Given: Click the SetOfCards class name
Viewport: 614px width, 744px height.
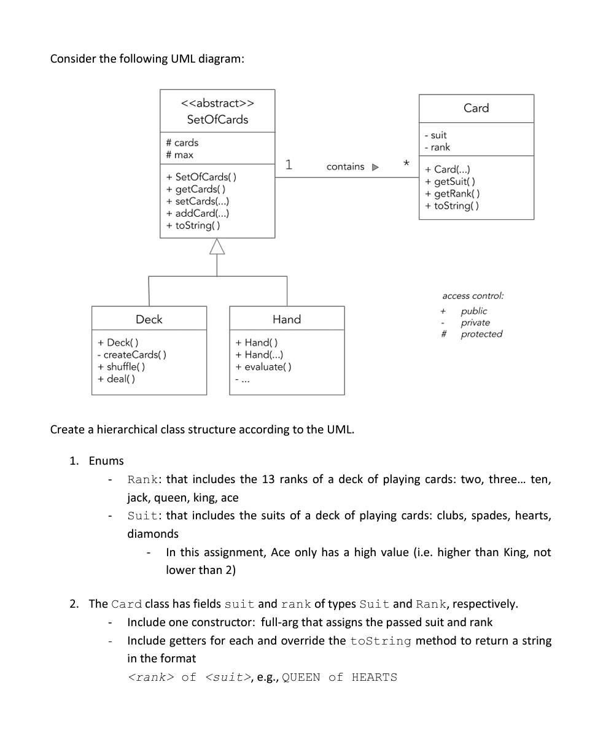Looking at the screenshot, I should (x=217, y=120).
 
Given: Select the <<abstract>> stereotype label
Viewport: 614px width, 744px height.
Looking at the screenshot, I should (x=217, y=103).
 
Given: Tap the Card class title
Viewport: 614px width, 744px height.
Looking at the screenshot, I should (x=476, y=108).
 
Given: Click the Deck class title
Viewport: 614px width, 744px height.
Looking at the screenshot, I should (x=149, y=319).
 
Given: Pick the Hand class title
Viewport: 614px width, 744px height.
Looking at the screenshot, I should (x=287, y=319).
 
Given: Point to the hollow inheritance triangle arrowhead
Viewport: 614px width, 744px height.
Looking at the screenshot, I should (x=217, y=247).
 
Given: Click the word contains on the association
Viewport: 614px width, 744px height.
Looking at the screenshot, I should (x=345, y=167).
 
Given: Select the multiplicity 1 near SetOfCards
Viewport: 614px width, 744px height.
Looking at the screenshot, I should (x=289, y=165).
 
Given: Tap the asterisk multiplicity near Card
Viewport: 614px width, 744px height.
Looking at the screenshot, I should (x=406, y=165).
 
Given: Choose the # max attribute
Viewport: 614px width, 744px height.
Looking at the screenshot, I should (x=179, y=155).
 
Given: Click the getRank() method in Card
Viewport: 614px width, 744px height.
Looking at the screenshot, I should (x=453, y=193).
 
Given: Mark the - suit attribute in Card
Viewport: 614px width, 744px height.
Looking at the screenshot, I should (x=435, y=135).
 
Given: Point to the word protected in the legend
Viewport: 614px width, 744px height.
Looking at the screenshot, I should (x=481, y=334).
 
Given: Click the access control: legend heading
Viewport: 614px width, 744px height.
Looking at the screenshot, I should (x=473, y=296).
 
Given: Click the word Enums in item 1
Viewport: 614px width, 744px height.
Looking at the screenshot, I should (x=106, y=461).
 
